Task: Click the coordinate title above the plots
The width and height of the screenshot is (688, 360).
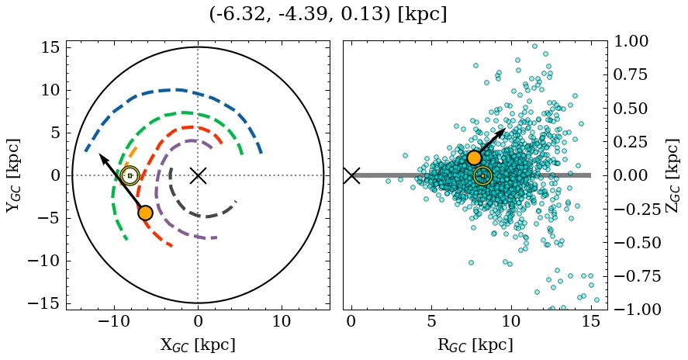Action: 328,15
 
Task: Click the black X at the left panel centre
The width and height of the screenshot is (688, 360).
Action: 198,175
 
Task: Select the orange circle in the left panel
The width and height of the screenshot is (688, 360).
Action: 145,213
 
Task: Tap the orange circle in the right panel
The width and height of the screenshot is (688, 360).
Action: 475,157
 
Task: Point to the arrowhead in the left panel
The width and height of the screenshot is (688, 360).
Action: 102,157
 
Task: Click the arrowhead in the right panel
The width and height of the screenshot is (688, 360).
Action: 502,131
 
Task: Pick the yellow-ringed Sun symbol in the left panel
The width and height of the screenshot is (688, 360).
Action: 130,175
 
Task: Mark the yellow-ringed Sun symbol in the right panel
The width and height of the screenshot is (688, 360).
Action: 482,175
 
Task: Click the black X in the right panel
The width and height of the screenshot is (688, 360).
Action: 351,175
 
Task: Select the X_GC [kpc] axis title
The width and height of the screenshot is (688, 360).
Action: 198,345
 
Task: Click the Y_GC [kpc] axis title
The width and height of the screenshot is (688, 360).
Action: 13,175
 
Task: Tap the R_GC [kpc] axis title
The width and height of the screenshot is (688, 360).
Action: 475,345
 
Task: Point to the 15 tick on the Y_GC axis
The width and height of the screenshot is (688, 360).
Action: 50,47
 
